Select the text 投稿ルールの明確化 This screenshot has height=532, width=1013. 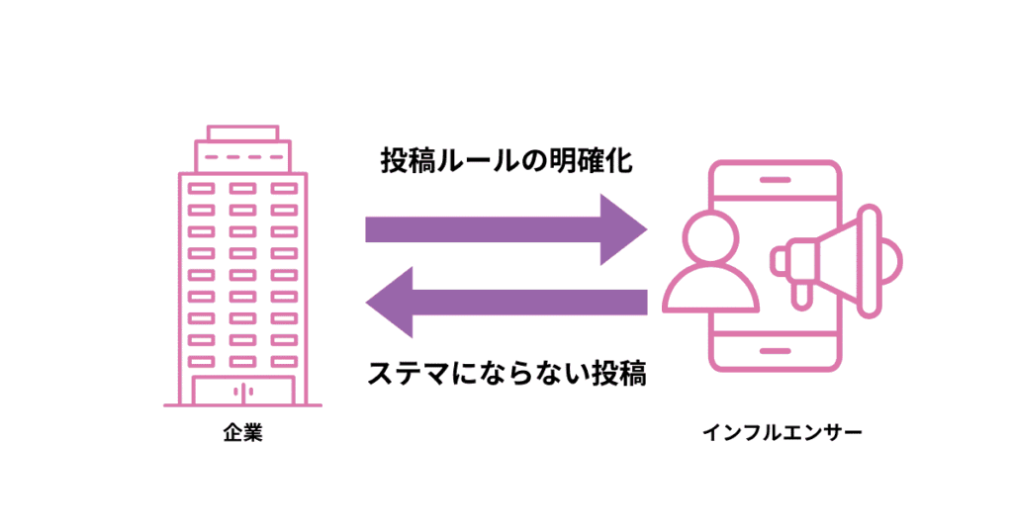pyautogui.click(x=506, y=161)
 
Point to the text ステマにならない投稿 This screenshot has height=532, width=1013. pyautogui.click(x=506, y=375)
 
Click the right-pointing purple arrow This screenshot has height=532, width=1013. pyautogui.click(x=505, y=229)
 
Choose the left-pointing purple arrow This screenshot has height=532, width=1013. pyautogui.click(x=506, y=303)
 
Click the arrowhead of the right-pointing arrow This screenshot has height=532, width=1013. pyautogui.click(x=623, y=229)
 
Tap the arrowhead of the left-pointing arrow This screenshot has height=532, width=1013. pyautogui.click(x=390, y=303)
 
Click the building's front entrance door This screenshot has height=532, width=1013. pyautogui.click(x=242, y=391)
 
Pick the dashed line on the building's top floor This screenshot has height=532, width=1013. pyautogui.click(x=242, y=158)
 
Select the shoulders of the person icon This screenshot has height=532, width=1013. pyautogui.click(x=711, y=290)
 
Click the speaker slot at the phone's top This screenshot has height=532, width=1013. pyautogui.click(x=776, y=181)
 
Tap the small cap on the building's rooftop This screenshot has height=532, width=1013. pyautogui.click(x=242, y=133)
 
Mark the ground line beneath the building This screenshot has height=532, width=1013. pyautogui.click(x=242, y=405)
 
